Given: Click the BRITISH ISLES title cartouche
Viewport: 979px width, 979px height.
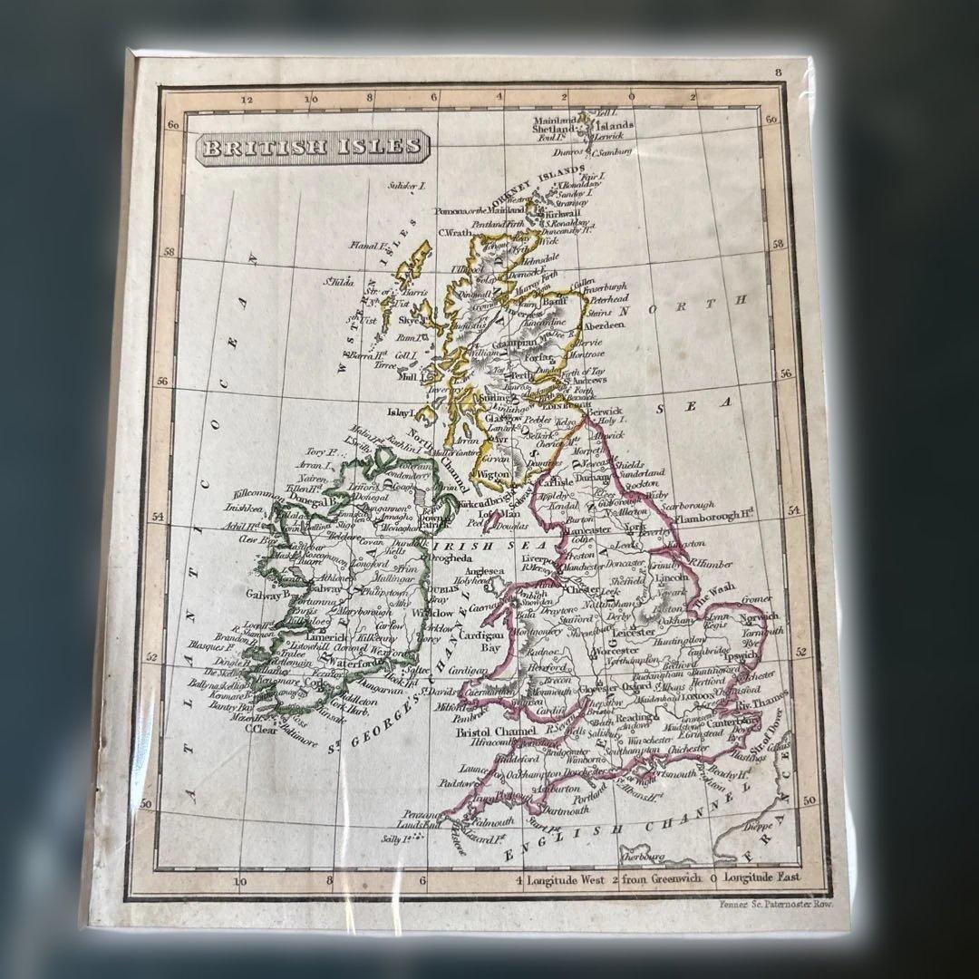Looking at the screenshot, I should [x=313, y=147].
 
